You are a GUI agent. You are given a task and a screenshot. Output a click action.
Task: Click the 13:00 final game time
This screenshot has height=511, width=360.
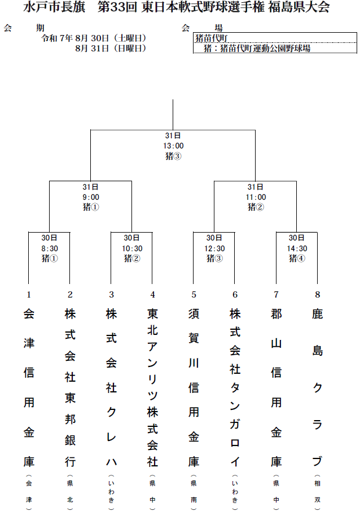173,146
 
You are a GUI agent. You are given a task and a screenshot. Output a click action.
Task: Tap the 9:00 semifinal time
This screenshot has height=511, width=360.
91,197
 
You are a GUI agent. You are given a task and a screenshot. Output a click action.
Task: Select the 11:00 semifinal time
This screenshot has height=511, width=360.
256,197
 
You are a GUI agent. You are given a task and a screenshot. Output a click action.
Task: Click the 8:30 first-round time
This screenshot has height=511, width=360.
50,248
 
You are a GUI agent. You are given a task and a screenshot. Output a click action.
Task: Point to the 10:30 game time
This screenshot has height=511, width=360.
132,248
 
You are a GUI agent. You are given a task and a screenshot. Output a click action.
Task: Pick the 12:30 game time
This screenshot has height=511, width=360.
214,248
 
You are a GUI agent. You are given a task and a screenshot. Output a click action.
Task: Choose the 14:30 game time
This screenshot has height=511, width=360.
297,248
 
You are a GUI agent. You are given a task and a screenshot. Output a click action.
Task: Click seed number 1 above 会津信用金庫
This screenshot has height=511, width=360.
29,295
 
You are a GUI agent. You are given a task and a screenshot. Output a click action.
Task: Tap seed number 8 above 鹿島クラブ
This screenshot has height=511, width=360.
318,295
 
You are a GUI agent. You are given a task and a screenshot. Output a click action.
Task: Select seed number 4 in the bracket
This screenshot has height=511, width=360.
152,295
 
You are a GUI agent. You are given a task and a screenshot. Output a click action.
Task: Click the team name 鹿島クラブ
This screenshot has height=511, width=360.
317,387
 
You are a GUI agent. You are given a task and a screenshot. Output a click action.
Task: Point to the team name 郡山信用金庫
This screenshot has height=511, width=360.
276,387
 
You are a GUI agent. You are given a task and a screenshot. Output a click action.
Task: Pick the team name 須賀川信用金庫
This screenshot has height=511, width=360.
194,387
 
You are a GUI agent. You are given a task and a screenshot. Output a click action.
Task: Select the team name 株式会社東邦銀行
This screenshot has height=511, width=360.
70,387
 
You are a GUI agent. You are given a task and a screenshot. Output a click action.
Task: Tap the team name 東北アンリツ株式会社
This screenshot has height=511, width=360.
152,387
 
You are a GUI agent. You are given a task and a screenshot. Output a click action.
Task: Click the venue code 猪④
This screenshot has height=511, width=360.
297,259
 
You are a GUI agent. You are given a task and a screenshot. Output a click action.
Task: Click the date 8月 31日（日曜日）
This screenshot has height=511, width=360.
111,48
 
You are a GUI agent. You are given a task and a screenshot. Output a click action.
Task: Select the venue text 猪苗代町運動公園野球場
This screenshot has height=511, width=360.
265,49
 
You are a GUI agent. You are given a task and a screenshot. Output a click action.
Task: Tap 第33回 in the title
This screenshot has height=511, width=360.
117,7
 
